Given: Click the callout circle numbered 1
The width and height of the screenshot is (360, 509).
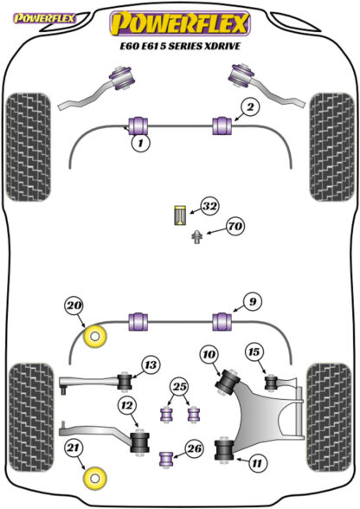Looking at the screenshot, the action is pos(140,143).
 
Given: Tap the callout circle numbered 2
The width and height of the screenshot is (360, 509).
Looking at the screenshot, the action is pos(250,107).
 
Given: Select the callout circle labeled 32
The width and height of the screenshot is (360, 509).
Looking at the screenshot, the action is pos(209,206).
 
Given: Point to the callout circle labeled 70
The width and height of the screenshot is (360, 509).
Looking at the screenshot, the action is pos(235,226).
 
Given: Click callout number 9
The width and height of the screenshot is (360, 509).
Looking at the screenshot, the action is pos(252,302).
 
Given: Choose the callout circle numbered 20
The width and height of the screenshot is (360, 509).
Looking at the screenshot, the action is pos(74,306).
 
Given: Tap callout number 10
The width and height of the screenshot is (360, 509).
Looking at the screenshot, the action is pos(209,355).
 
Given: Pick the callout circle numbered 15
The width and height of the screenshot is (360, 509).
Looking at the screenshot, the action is pos(254,352).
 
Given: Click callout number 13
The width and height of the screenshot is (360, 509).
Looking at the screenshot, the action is pos(151,365).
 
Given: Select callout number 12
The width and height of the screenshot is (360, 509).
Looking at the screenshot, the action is pos(127,405).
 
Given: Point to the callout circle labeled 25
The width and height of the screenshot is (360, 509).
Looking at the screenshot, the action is pos(180,387).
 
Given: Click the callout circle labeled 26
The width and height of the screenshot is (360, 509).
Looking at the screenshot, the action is pos(195,449).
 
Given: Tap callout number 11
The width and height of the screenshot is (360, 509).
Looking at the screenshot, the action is pos(257,463).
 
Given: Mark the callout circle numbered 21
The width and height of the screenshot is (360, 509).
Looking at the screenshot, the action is pos(73,448).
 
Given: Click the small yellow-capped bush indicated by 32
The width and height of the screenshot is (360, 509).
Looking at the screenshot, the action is pos(179,216).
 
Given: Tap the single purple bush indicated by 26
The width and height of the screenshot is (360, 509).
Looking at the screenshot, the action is pos(166,459).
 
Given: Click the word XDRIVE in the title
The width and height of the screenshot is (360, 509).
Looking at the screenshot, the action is pos(222,46).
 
